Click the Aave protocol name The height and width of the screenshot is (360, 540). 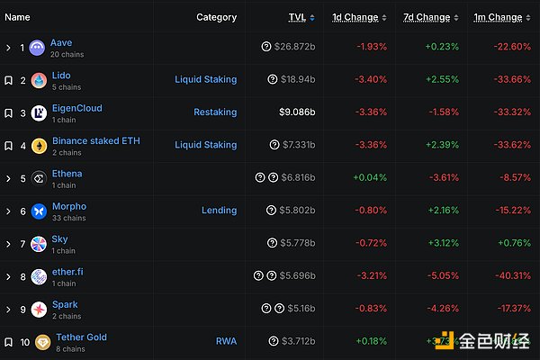62,42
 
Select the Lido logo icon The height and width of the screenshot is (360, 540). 37,80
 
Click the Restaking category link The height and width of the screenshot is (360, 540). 215,112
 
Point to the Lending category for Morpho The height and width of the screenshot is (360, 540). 219,211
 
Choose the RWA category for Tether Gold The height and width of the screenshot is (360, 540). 226,341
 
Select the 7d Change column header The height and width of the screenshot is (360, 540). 427,17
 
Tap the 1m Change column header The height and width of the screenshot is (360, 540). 498,17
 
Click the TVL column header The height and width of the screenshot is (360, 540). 296,17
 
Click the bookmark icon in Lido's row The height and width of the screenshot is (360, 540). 9,80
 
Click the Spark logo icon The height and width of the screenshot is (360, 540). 38,309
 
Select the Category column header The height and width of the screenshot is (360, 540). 216,17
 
